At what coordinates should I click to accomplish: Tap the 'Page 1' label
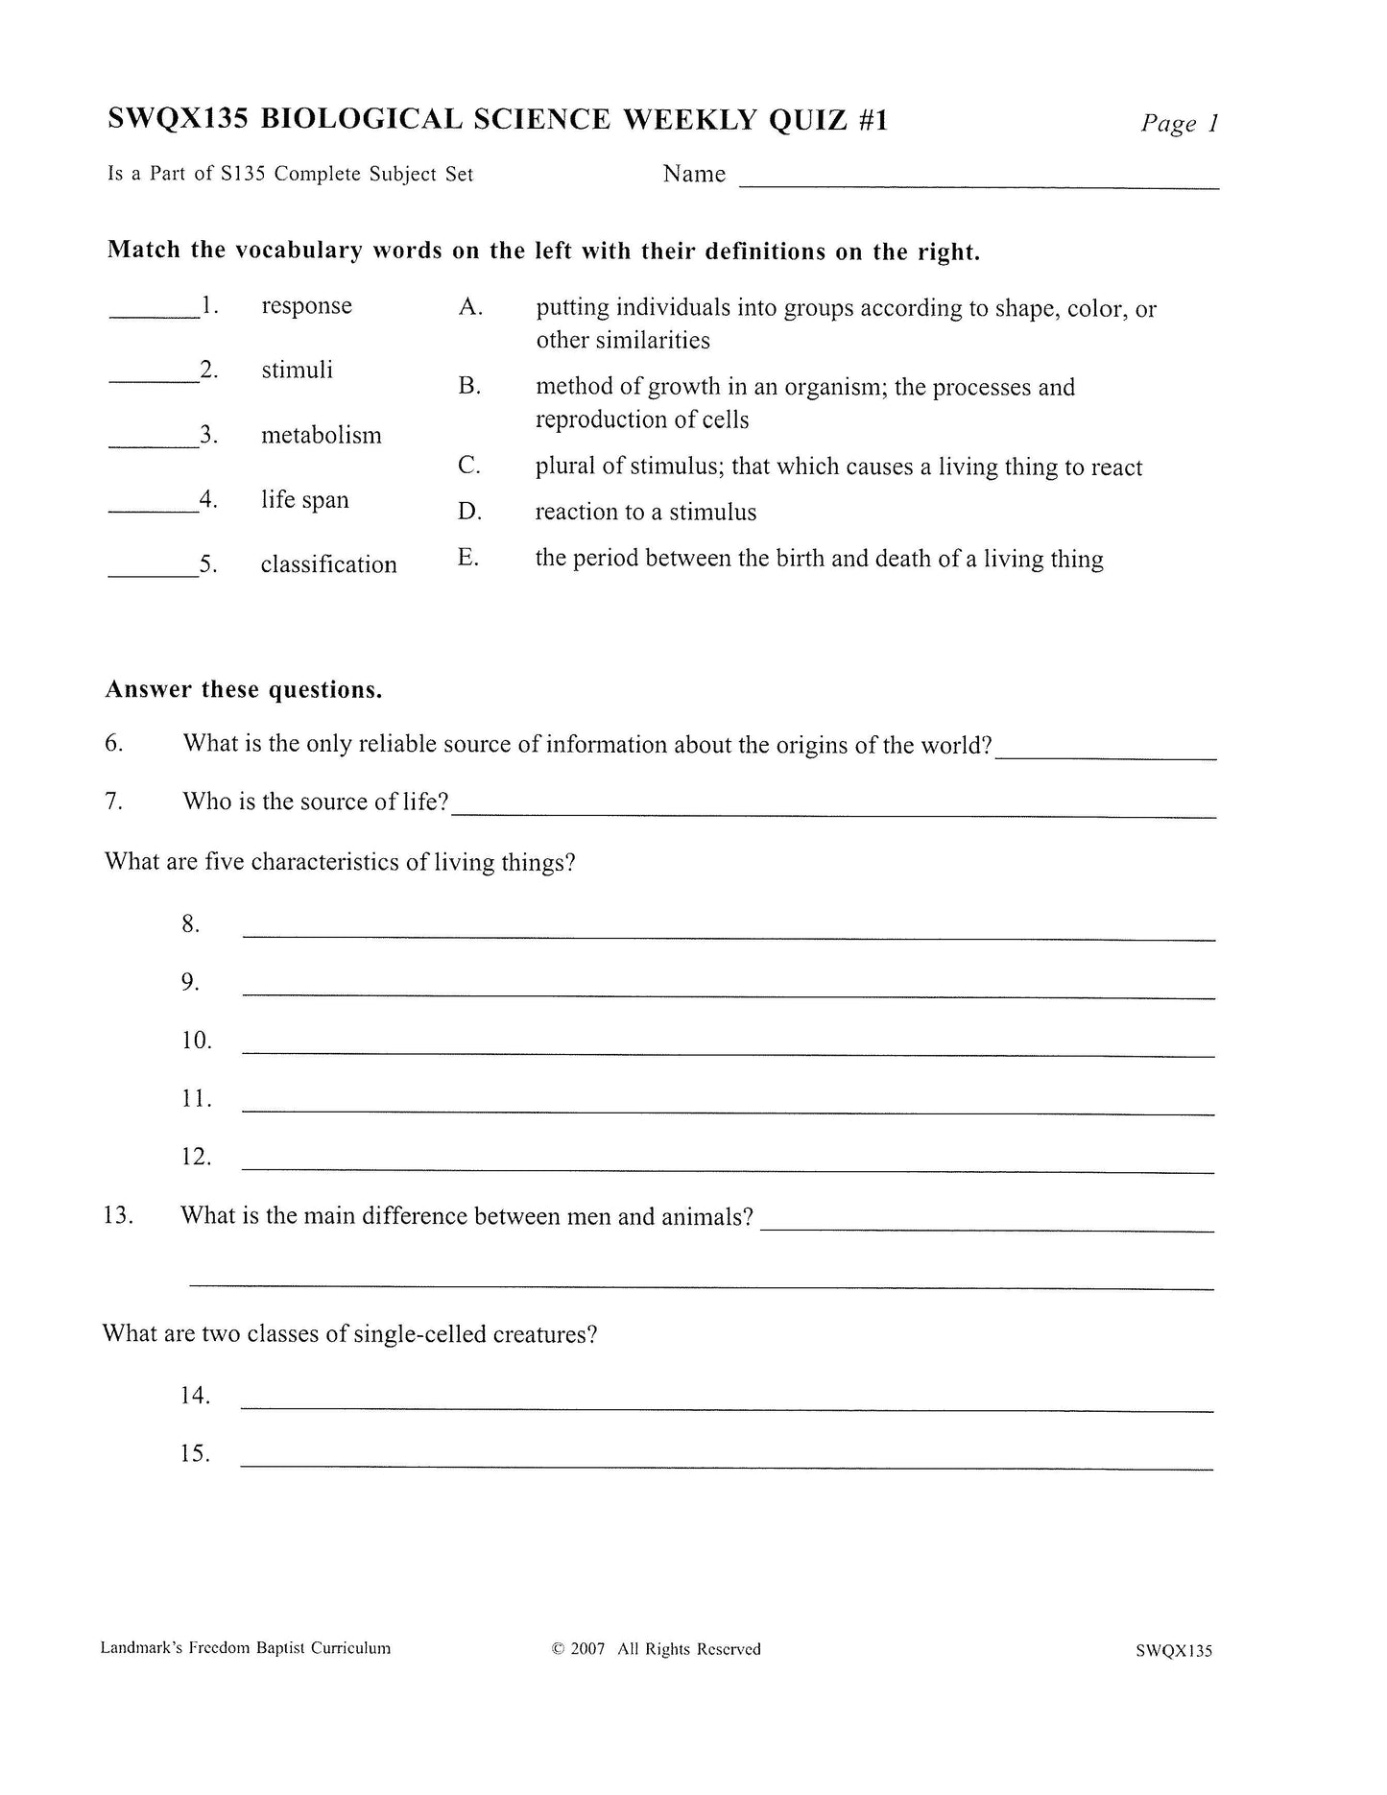point(1179,123)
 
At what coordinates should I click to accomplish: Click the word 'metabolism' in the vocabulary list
point(321,435)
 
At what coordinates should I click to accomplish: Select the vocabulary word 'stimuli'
point(297,370)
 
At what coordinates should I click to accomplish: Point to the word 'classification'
point(328,564)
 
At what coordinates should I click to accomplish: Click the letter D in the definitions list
point(469,512)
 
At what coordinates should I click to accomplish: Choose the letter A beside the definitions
point(469,307)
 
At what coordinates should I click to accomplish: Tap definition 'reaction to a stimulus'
point(645,512)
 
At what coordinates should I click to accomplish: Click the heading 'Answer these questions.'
point(244,689)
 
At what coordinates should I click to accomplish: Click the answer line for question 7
point(833,814)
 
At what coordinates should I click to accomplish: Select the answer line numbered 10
point(728,1053)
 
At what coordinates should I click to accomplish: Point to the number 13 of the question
point(117,1215)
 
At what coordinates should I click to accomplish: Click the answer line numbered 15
point(726,1467)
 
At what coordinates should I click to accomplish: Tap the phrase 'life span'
point(304,500)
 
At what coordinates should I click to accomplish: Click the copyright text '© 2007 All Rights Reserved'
point(656,1649)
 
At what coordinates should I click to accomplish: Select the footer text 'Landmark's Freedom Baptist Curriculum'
point(245,1648)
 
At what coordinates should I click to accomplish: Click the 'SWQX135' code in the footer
point(1173,1651)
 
